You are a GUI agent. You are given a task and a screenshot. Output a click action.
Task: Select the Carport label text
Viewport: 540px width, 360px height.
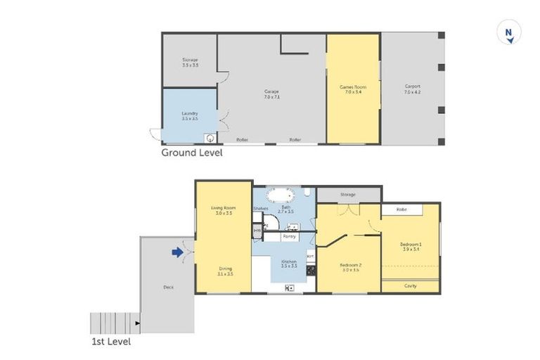(x=412, y=89)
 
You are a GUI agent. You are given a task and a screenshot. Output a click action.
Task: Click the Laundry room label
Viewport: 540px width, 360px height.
(x=189, y=116)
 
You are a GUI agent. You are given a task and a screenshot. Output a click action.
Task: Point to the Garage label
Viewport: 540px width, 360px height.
(x=271, y=94)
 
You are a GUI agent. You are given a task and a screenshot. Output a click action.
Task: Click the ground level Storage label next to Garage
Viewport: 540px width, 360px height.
(x=190, y=63)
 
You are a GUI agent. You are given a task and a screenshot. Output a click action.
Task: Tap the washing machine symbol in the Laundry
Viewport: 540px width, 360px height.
(x=210, y=139)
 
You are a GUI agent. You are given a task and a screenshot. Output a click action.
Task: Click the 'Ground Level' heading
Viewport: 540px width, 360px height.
(x=192, y=152)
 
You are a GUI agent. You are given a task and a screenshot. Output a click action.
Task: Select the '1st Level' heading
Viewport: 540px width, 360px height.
(x=110, y=342)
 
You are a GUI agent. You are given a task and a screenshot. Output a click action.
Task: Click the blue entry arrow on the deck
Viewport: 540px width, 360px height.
(x=178, y=251)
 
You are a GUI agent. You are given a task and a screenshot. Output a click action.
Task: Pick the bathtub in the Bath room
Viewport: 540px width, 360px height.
(x=285, y=194)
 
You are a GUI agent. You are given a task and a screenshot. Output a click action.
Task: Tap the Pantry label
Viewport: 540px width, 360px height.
(x=289, y=237)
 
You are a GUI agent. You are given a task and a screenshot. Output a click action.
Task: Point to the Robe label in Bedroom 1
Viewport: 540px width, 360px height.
(x=401, y=210)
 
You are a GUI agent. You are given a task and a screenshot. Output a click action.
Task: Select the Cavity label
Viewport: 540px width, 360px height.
(x=410, y=285)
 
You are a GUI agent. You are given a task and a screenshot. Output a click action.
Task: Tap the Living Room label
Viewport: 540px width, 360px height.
(x=223, y=210)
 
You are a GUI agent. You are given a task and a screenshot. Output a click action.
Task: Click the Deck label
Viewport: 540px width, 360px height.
(x=168, y=287)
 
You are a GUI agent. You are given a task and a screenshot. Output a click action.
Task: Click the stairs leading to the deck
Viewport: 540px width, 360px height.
(x=113, y=323)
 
